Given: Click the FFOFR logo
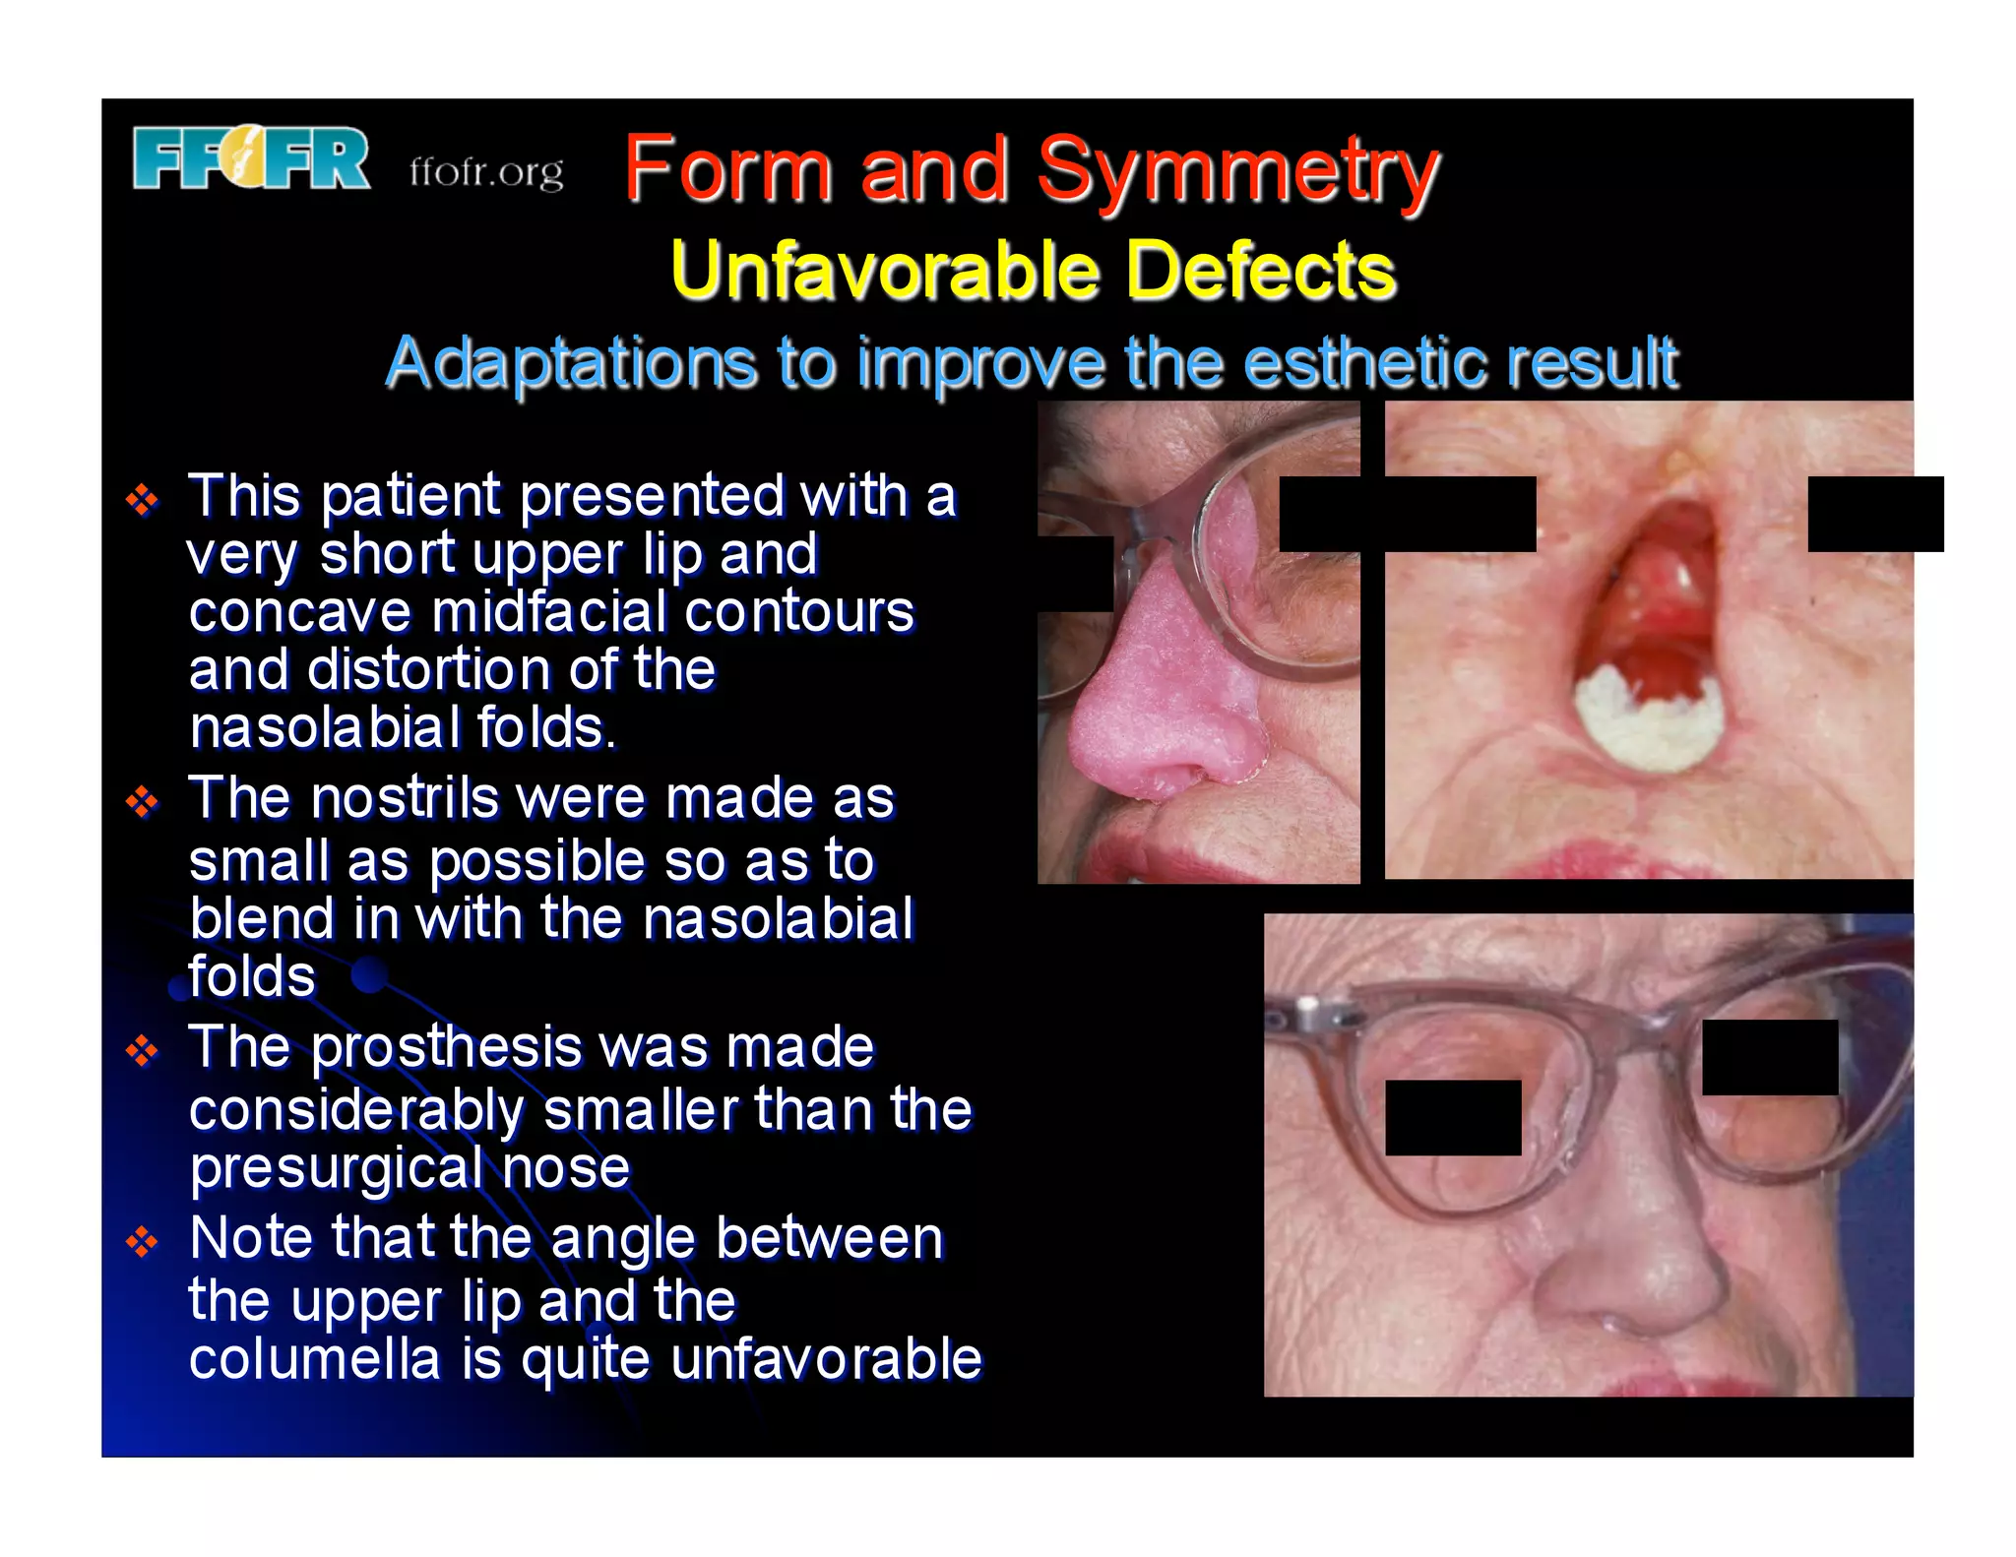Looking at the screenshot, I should pyautogui.click(x=251, y=158).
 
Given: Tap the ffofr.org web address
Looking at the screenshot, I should pyautogui.click(x=486, y=172).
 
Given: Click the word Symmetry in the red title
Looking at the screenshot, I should pyautogui.click(x=1237, y=171).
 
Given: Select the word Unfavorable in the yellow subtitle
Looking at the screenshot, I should pyautogui.click(x=883, y=271).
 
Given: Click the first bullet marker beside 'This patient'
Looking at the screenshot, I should pyautogui.click(x=143, y=500).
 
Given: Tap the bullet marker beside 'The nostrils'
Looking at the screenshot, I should pyautogui.click(x=143, y=802).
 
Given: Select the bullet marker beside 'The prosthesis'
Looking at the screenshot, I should pyautogui.click(x=143, y=1051).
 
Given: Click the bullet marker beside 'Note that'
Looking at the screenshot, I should pyautogui.click(x=143, y=1242).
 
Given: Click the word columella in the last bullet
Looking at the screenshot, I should pyautogui.click(x=314, y=1359).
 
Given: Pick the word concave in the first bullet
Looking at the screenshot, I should pyautogui.click(x=299, y=612).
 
